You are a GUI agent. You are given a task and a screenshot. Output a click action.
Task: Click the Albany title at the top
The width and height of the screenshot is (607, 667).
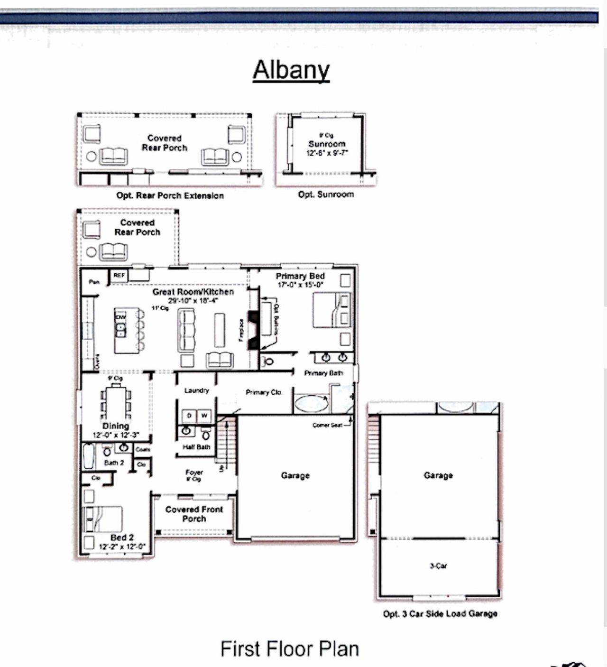[x=291, y=70]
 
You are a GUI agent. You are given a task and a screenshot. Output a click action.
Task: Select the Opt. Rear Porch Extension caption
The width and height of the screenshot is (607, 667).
[x=170, y=195]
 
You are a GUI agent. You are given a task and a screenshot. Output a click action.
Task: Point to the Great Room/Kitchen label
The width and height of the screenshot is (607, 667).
[x=193, y=292]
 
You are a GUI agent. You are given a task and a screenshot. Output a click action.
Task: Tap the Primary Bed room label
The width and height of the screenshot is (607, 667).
[x=300, y=276]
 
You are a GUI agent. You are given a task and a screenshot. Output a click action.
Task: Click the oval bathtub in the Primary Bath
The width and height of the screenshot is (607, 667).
[x=311, y=404]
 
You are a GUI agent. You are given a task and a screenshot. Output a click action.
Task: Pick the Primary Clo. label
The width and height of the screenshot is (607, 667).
[x=264, y=392]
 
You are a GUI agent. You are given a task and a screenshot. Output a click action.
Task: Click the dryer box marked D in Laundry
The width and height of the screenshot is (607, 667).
[x=189, y=416]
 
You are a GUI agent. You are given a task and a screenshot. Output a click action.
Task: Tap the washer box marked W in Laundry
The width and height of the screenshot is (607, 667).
[x=204, y=416]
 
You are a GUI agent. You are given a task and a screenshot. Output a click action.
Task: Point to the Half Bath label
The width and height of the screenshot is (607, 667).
[x=196, y=447]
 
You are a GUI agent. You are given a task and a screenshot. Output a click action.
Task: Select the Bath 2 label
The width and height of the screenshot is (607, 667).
[x=114, y=463]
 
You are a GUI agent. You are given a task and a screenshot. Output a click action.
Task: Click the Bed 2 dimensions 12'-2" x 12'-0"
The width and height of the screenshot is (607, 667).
[x=122, y=547]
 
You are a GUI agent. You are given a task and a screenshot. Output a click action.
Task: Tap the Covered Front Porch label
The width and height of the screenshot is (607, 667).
[x=194, y=514]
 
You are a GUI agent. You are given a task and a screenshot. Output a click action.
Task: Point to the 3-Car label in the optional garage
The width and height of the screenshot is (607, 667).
[x=438, y=565]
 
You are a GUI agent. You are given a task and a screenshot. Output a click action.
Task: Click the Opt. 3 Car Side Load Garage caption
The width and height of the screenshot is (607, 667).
[x=440, y=613]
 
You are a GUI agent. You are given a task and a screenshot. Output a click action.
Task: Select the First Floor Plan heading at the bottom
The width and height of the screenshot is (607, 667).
[x=289, y=648]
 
